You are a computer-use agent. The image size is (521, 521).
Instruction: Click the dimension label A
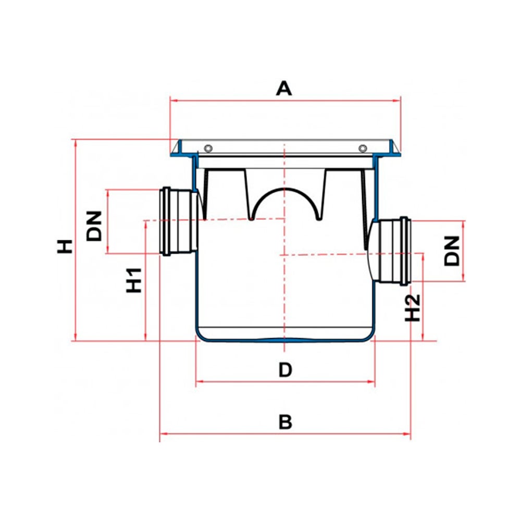[x=284, y=89]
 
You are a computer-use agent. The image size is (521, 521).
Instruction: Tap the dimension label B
[x=285, y=422]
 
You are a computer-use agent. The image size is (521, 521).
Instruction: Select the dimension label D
[x=285, y=370]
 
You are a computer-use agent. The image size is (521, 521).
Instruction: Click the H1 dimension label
[x=134, y=279]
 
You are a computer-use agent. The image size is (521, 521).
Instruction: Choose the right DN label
[x=453, y=250]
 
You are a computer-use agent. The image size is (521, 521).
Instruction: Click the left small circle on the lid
[x=208, y=147]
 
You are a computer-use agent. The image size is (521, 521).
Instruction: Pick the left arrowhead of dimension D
[x=198, y=382]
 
